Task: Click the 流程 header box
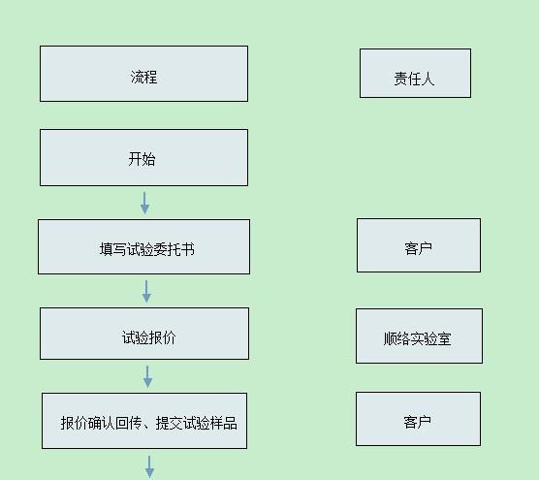(x=143, y=74)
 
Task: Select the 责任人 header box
(x=415, y=73)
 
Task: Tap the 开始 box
(x=143, y=157)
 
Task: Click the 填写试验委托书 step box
(x=143, y=247)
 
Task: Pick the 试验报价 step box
(x=144, y=334)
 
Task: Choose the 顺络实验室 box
(x=419, y=336)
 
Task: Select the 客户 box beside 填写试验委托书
(x=419, y=245)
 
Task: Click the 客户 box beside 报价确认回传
(x=418, y=419)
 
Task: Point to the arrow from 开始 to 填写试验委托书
(x=144, y=203)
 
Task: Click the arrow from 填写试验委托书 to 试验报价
(x=146, y=291)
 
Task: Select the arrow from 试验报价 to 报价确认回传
(x=147, y=376)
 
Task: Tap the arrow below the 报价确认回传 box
(x=149, y=467)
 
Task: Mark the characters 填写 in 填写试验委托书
(x=113, y=249)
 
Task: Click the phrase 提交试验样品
(x=197, y=423)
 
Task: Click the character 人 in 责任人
(x=428, y=79)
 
